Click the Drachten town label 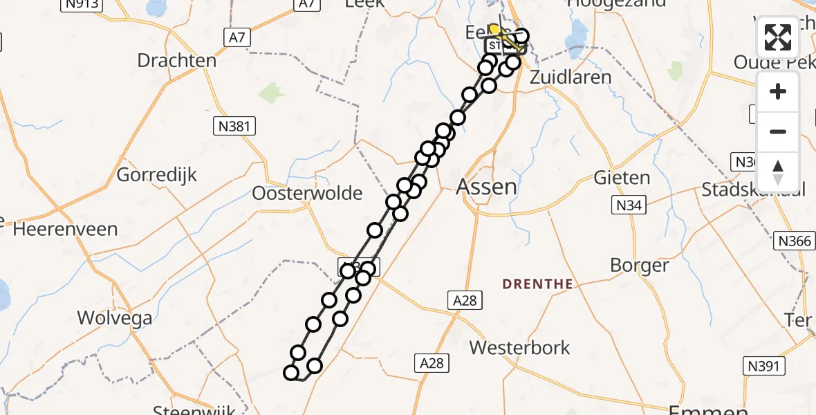tap(176, 60)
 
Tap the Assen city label tap(487, 186)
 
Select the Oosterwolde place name tap(307, 193)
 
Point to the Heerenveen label tap(65, 229)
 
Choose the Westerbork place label tap(519, 347)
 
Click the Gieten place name tap(622, 178)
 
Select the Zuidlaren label tap(570, 77)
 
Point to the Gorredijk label tap(157, 174)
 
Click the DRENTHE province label tap(537, 284)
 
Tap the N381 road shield tap(234, 126)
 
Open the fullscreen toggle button tap(778, 37)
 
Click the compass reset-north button tap(778, 172)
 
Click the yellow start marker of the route tap(494, 29)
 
